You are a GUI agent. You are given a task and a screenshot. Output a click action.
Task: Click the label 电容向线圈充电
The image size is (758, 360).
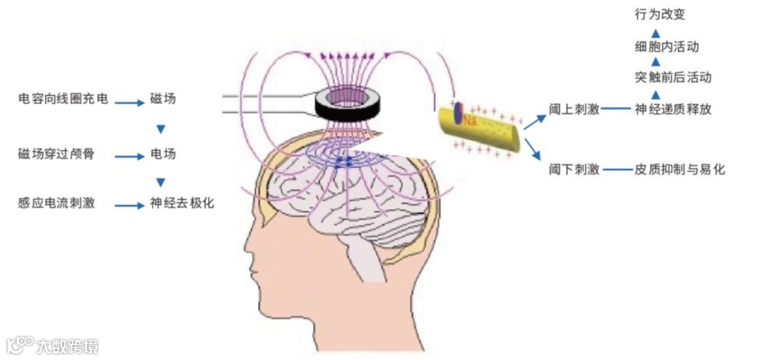point(63,99)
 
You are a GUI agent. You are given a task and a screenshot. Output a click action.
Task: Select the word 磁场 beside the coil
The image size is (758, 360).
point(163,99)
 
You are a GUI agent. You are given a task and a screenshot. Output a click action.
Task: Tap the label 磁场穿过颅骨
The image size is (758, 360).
point(55,154)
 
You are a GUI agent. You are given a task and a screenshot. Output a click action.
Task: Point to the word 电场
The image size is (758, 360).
point(163,154)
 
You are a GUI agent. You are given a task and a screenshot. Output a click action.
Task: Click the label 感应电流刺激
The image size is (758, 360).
point(55,204)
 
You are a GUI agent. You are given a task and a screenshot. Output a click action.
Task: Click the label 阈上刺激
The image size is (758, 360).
point(574,109)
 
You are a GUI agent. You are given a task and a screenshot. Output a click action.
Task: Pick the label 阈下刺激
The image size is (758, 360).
point(574,169)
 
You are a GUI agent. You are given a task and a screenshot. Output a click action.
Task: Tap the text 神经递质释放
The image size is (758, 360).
point(672,109)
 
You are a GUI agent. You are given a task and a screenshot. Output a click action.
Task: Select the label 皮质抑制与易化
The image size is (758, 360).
point(679,169)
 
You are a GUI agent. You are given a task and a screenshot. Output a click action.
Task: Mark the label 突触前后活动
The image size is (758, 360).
point(672,77)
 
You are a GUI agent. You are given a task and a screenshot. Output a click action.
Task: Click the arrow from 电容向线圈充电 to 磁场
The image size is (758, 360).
point(129,102)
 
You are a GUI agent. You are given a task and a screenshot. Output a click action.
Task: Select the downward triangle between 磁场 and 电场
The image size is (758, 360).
point(161,129)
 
